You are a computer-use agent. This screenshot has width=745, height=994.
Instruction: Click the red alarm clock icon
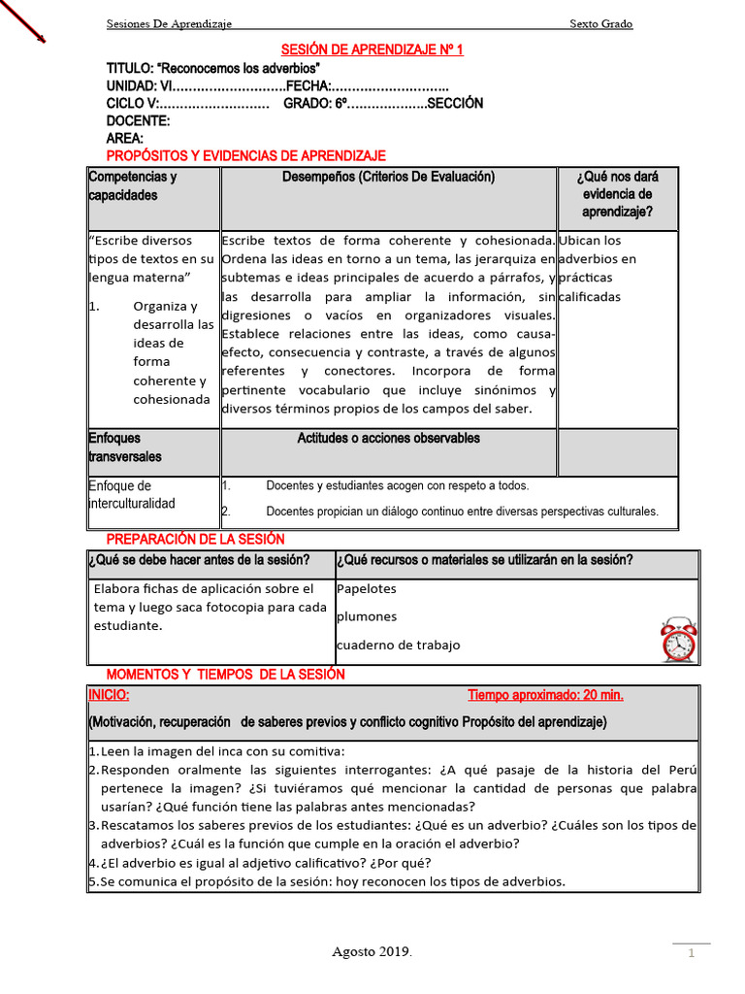tap(678, 639)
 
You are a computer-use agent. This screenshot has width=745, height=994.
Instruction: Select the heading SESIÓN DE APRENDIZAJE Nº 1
tap(372, 50)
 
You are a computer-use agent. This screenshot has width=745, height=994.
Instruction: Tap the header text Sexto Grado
tap(600, 24)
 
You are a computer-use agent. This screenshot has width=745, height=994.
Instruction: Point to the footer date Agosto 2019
tap(372, 952)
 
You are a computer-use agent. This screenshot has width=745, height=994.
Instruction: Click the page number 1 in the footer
tap(693, 954)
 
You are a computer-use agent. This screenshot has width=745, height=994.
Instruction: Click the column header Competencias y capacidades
tap(132, 186)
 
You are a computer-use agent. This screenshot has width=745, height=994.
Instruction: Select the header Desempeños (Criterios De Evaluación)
tap(388, 178)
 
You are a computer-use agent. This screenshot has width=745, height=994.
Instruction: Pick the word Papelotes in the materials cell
tap(367, 589)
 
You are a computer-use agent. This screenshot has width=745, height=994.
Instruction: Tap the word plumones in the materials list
tap(367, 617)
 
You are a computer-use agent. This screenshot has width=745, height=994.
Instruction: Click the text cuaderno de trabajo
tap(398, 646)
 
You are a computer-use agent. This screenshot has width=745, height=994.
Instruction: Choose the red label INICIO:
tap(109, 696)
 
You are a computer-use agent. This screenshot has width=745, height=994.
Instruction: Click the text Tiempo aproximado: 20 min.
tap(545, 696)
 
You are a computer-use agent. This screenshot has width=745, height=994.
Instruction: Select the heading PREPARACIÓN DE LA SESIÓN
tap(195, 540)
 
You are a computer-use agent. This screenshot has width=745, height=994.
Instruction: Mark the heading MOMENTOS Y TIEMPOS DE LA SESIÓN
tap(225, 675)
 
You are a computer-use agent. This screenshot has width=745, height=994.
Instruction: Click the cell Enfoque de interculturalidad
tap(132, 495)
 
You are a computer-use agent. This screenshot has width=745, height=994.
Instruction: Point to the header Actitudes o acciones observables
tap(388, 439)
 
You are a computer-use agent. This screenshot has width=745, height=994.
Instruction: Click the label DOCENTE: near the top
tap(138, 121)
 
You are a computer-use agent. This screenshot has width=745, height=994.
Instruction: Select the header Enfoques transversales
tap(125, 447)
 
